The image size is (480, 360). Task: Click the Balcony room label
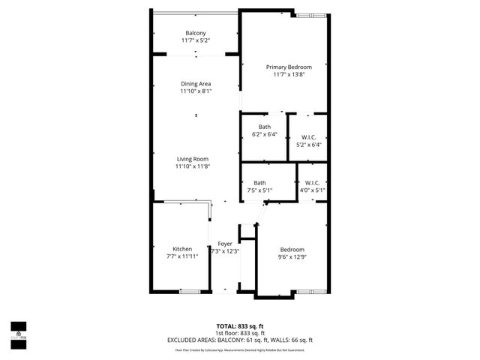196,32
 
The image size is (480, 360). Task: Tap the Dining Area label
196,83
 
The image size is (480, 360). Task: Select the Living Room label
193,158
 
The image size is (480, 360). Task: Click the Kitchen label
182,249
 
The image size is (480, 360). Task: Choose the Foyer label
225,244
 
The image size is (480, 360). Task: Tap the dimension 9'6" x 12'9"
292,257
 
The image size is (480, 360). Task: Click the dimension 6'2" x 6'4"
265,134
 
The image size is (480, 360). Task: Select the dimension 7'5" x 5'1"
259,190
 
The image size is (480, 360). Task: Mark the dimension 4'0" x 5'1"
313,190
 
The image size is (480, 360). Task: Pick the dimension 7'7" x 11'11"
182,256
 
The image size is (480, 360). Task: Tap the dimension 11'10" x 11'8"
193,166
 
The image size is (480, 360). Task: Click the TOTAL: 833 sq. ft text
239,326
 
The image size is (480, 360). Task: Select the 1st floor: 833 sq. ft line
239,334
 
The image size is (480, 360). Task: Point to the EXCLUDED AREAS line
239,341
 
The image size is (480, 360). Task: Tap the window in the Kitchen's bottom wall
190,290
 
